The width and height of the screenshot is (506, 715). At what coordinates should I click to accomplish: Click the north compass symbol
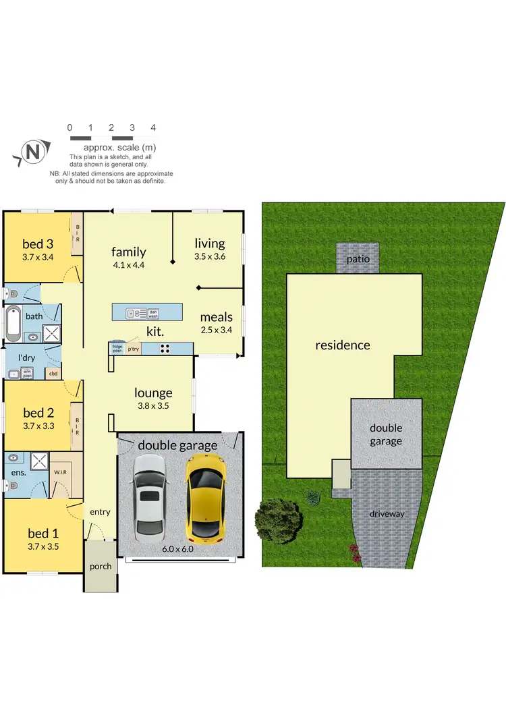point(31,152)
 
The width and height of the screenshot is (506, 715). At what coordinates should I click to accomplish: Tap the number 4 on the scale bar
point(153,127)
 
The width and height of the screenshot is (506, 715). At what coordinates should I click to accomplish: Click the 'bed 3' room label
point(38,244)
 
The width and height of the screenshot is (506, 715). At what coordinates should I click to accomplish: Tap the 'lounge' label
point(153,393)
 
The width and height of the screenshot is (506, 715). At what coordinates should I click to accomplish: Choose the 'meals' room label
point(216,317)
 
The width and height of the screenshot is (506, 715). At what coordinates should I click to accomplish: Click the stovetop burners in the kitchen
point(165,349)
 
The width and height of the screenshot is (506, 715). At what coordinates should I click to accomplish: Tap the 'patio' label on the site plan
point(358,259)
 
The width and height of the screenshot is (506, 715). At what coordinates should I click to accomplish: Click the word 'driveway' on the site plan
point(387,514)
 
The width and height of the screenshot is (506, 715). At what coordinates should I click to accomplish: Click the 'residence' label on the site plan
point(343,345)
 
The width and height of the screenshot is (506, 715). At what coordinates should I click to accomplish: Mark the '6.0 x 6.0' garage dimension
point(178,549)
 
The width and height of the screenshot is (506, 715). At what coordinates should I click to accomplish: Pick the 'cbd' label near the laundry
point(53,372)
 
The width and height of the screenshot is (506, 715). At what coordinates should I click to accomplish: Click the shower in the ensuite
point(39,462)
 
